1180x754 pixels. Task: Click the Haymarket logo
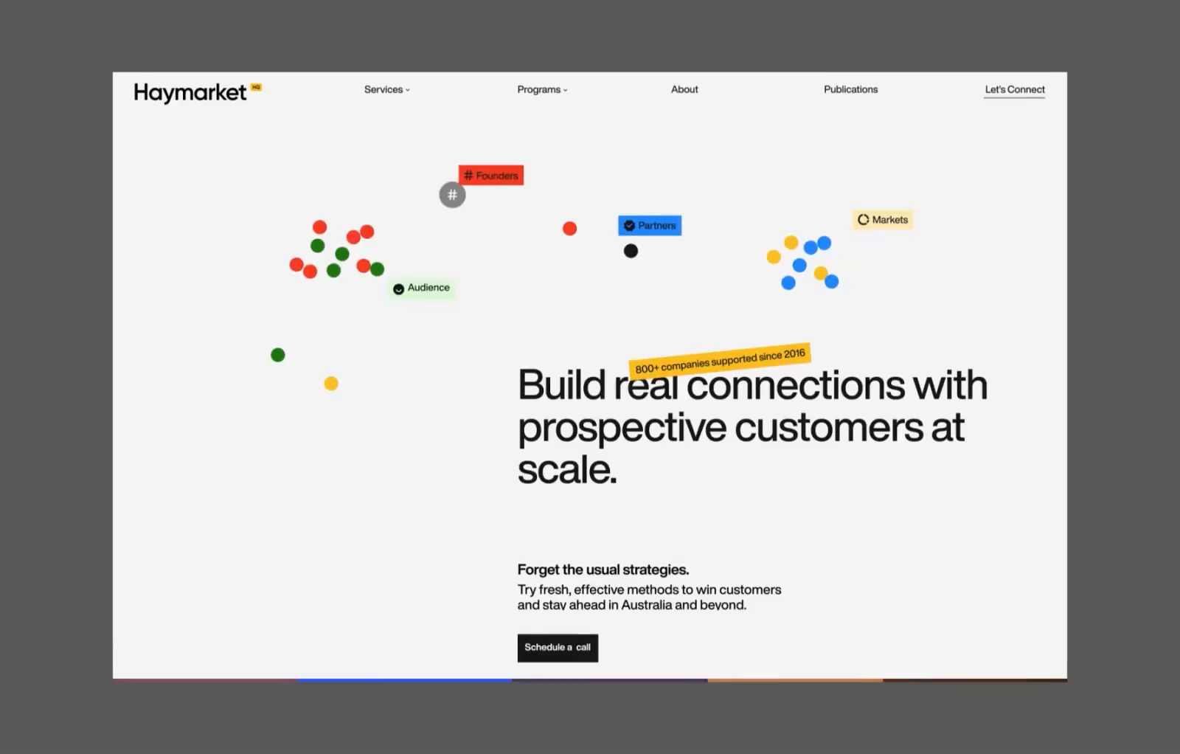(x=190, y=92)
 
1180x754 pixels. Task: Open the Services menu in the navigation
(x=386, y=89)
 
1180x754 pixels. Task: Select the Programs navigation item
(x=542, y=89)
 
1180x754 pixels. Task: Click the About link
(x=684, y=89)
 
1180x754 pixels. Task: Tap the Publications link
(x=850, y=89)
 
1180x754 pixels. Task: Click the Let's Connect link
(x=1015, y=89)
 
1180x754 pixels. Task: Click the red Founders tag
(x=491, y=176)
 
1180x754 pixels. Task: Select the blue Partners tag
(x=650, y=226)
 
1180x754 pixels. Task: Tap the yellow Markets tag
(x=883, y=220)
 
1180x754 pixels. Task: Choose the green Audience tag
(x=422, y=288)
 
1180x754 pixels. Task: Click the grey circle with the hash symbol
(x=452, y=196)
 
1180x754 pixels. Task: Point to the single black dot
(x=631, y=251)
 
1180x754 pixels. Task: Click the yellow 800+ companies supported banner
(x=720, y=359)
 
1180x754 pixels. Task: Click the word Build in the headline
(x=561, y=385)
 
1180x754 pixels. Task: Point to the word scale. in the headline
(x=567, y=469)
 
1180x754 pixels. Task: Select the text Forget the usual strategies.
(x=603, y=570)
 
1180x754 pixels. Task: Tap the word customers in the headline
(x=829, y=428)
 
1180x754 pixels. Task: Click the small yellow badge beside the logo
(x=256, y=87)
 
